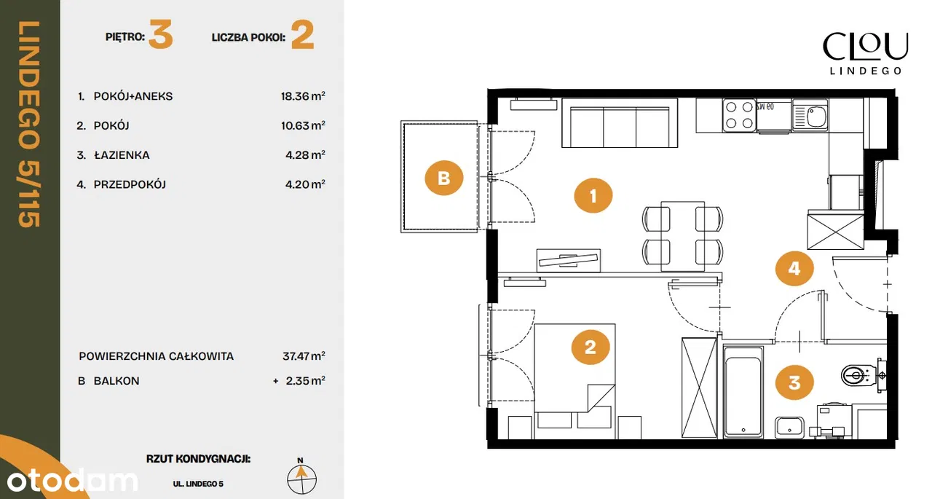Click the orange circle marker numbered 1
(593, 196)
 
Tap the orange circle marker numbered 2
(590, 347)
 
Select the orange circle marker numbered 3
(794, 382)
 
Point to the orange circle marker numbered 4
(794, 268)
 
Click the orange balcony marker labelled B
(444, 178)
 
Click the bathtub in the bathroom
(743, 393)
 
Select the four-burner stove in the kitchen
(739, 115)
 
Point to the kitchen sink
(810, 115)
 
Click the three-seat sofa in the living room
(620, 123)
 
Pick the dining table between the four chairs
(682, 236)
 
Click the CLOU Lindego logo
(866, 53)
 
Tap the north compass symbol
(301, 477)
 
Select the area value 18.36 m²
(303, 96)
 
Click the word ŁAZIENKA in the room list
(122, 155)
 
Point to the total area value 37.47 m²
(304, 356)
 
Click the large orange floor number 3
(161, 35)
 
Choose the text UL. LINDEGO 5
(198, 484)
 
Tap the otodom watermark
(72, 480)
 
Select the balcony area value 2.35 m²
(305, 381)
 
